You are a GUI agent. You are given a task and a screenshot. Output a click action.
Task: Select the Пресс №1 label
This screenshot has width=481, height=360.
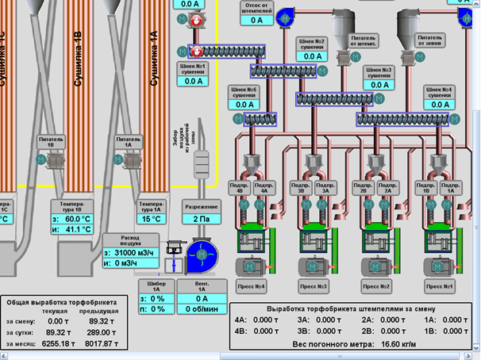[x=442, y=285]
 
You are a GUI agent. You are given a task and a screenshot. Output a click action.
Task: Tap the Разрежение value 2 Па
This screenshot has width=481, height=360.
[x=201, y=219]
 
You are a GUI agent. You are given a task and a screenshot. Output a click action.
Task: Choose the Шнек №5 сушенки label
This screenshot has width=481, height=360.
[x=244, y=94]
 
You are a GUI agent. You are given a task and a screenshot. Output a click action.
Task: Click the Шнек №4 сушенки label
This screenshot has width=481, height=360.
[x=442, y=94]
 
